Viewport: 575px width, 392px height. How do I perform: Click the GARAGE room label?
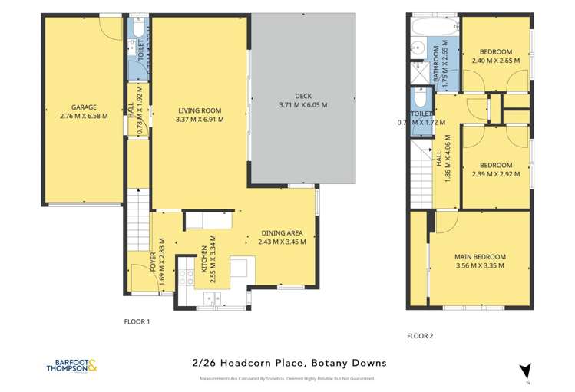point(83,108)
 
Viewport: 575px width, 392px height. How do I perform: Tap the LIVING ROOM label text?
point(200,110)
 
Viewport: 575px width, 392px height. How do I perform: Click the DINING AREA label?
point(283,232)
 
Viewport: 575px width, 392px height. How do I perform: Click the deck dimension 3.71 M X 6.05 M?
point(302,105)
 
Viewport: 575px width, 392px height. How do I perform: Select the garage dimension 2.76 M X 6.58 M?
point(83,117)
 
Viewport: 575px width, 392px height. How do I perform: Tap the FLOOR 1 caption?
point(137,321)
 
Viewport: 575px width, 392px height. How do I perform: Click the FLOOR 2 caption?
point(420,335)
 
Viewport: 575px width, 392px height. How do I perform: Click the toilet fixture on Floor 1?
point(135,31)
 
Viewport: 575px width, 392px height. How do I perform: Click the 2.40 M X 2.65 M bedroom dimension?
point(491,61)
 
